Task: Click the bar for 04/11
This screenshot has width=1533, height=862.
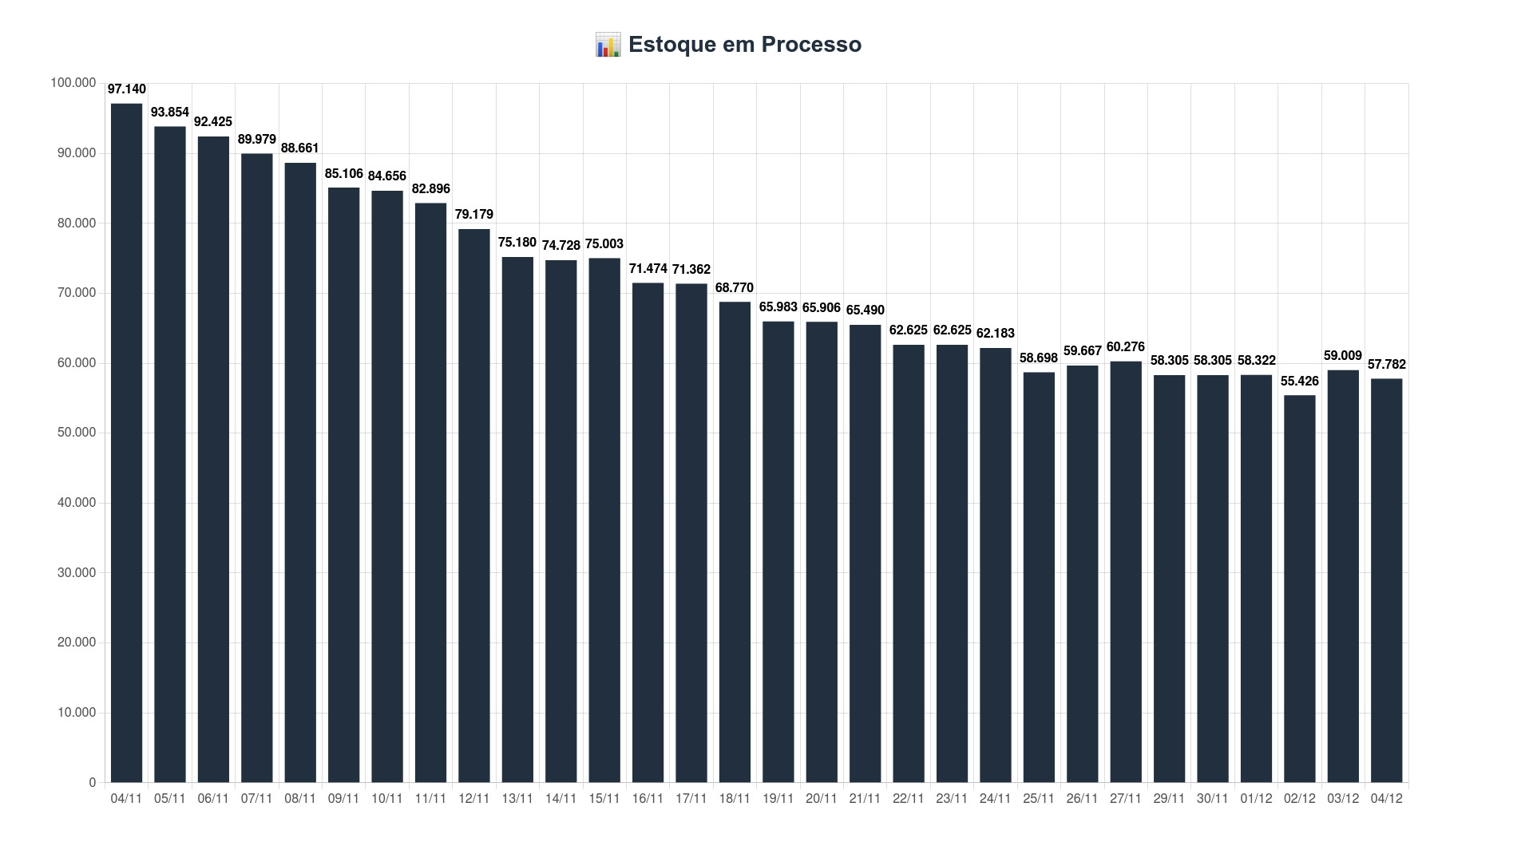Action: tap(126, 443)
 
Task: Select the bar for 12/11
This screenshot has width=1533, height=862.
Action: tap(473, 505)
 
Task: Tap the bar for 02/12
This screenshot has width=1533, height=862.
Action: tap(1299, 588)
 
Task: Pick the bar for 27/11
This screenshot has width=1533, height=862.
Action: tap(1125, 571)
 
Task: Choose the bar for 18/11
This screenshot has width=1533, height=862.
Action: tap(735, 542)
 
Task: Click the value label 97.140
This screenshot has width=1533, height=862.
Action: tap(126, 89)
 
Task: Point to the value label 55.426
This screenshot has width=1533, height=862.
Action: tap(1299, 382)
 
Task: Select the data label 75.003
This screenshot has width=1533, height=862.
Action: tap(604, 244)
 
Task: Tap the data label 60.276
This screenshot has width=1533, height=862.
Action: tap(1125, 347)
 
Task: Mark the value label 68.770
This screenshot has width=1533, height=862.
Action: tap(735, 288)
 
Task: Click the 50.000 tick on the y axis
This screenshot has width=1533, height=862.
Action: tap(77, 433)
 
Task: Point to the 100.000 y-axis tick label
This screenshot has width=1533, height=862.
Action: tap(73, 83)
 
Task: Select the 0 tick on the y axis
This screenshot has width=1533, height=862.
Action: tap(93, 783)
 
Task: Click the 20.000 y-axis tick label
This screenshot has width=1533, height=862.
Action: tap(77, 643)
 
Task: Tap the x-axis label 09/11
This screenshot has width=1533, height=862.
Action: tap(343, 799)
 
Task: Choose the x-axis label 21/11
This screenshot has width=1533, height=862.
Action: tap(865, 799)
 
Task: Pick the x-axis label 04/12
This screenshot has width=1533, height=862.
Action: tap(1386, 799)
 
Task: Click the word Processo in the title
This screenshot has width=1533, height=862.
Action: tap(811, 45)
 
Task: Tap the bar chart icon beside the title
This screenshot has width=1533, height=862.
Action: tap(608, 45)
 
